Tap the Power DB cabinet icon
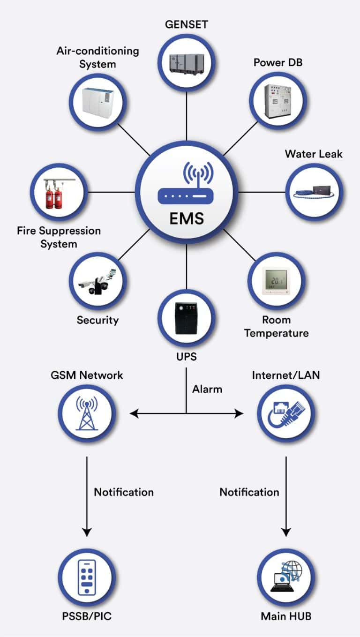click(x=277, y=100)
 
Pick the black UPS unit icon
click(x=186, y=318)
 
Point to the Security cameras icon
click(x=97, y=281)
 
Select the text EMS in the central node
click(x=187, y=218)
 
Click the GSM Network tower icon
click(x=87, y=413)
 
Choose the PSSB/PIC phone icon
click(x=87, y=577)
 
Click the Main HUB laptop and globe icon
click(x=286, y=577)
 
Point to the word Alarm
click(x=207, y=389)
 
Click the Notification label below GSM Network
click(x=124, y=492)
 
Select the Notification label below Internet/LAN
click(x=249, y=492)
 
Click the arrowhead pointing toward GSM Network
click(x=135, y=413)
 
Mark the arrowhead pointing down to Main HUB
click(x=286, y=532)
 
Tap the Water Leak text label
click(x=314, y=154)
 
